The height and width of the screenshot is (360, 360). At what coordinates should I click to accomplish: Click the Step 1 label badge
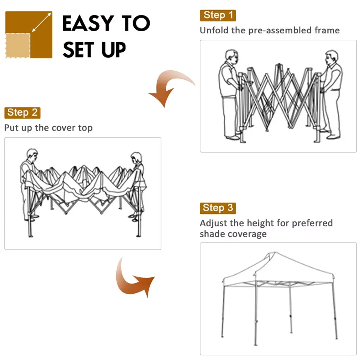point(218,15)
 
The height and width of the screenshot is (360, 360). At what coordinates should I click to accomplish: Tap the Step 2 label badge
point(22,113)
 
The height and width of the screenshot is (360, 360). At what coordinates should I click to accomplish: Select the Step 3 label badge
point(218,208)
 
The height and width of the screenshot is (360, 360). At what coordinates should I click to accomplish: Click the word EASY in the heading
point(88,23)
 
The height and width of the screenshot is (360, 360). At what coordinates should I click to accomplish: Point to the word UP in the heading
point(114,50)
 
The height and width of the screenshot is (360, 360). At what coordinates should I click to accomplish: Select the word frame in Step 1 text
point(327,30)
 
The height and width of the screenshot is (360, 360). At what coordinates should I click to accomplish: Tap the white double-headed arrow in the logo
point(41,22)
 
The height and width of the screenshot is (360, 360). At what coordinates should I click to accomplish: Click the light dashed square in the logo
point(18,45)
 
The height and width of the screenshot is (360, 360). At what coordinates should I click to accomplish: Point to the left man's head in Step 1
point(231,57)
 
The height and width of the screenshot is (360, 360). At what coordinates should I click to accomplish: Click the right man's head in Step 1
point(332,58)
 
